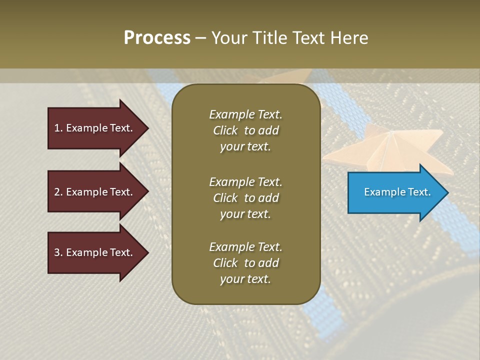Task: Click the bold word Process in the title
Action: (x=157, y=38)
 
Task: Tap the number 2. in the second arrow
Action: (x=58, y=192)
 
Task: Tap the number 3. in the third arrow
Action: (x=58, y=252)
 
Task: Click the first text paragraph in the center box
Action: (x=245, y=130)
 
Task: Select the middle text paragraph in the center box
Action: (x=245, y=197)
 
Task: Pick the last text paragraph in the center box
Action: (x=245, y=263)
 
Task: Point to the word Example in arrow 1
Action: (x=87, y=128)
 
